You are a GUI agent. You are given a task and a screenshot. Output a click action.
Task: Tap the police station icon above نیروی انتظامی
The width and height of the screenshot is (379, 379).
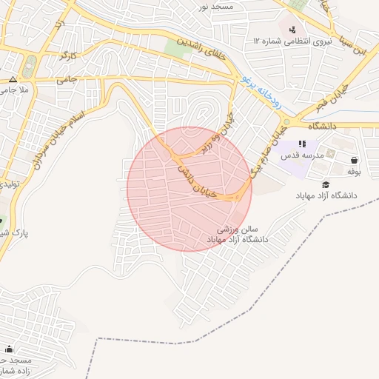pyautogui.click(x=294, y=30)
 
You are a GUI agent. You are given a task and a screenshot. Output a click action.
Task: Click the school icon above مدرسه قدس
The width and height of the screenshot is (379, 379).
pyautogui.click(x=301, y=144)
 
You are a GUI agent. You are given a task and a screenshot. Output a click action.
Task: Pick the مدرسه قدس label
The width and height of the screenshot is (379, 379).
pyautogui.click(x=300, y=157)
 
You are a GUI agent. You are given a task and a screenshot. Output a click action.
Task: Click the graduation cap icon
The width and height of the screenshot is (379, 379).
pyautogui.click(x=325, y=184)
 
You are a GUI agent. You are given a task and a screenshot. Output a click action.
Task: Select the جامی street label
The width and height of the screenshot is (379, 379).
pyautogui.click(x=66, y=78)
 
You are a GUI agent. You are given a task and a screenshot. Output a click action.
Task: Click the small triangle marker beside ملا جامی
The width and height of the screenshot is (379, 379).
pyautogui.click(x=13, y=79)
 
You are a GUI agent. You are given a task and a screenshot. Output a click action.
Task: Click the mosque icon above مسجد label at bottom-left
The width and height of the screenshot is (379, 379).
pyautogui.click(x=9, y=349)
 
